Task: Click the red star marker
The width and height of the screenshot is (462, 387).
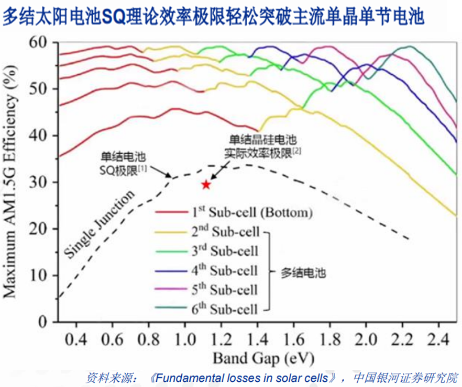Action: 206,184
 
